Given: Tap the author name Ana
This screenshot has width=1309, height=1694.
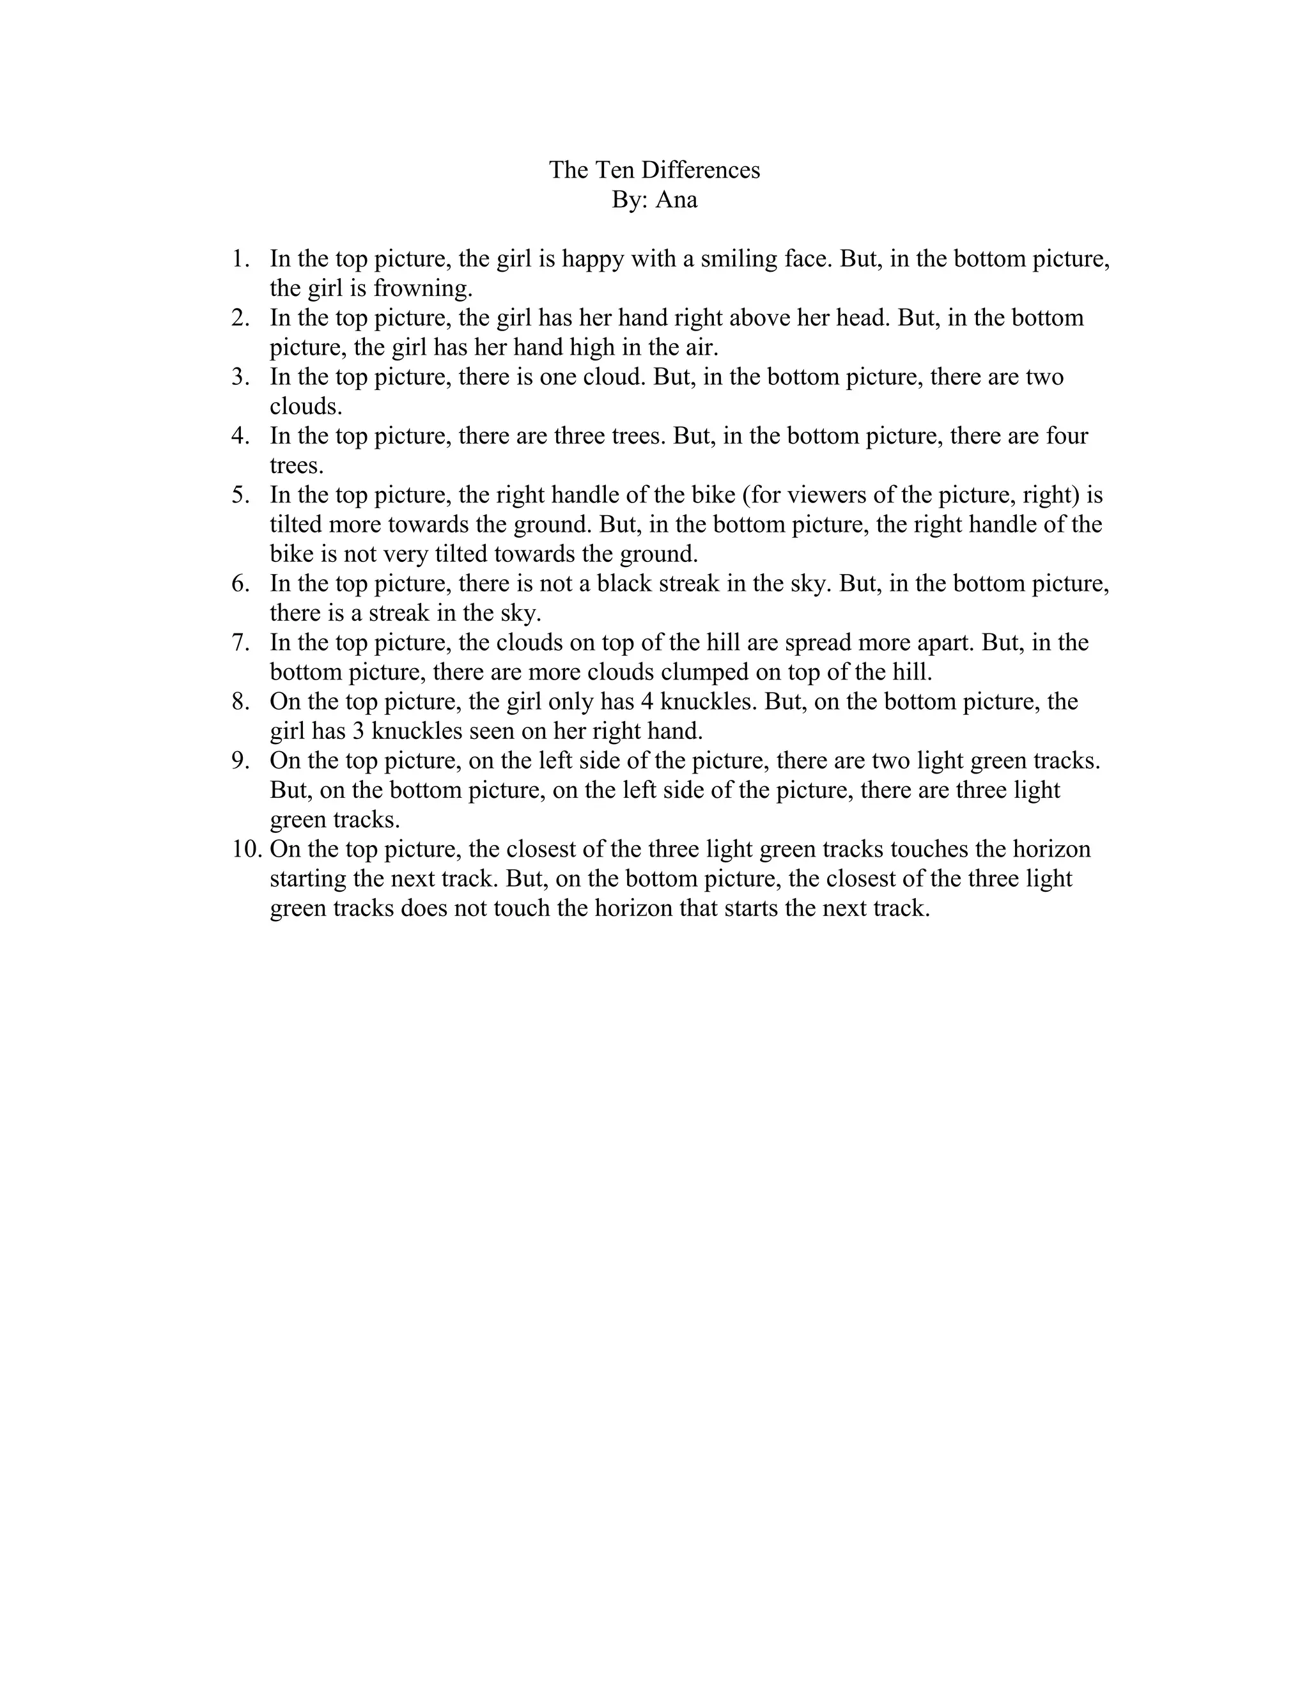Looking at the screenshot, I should (676, 199).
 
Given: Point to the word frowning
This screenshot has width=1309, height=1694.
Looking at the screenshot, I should (422, 288).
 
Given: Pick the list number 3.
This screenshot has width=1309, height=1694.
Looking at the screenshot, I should (240, 377).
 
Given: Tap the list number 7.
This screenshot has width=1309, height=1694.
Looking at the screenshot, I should (240, 642).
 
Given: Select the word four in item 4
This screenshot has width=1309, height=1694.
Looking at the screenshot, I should (1066, 436).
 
